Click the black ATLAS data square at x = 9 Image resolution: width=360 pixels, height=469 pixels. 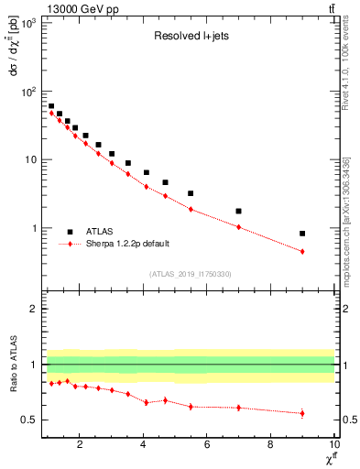[302, 234]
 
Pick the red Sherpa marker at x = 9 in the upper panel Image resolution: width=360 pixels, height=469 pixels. [302, 251]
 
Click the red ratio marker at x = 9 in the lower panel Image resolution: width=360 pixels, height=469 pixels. [302, 413]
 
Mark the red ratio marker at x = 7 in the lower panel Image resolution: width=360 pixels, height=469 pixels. [238, 408]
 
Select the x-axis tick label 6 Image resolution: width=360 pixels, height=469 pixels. [207, 445]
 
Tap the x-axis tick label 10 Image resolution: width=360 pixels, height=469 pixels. [334, 445]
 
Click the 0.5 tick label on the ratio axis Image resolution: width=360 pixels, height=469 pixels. [29, 420]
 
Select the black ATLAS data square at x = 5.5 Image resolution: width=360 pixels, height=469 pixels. [191, 193]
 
